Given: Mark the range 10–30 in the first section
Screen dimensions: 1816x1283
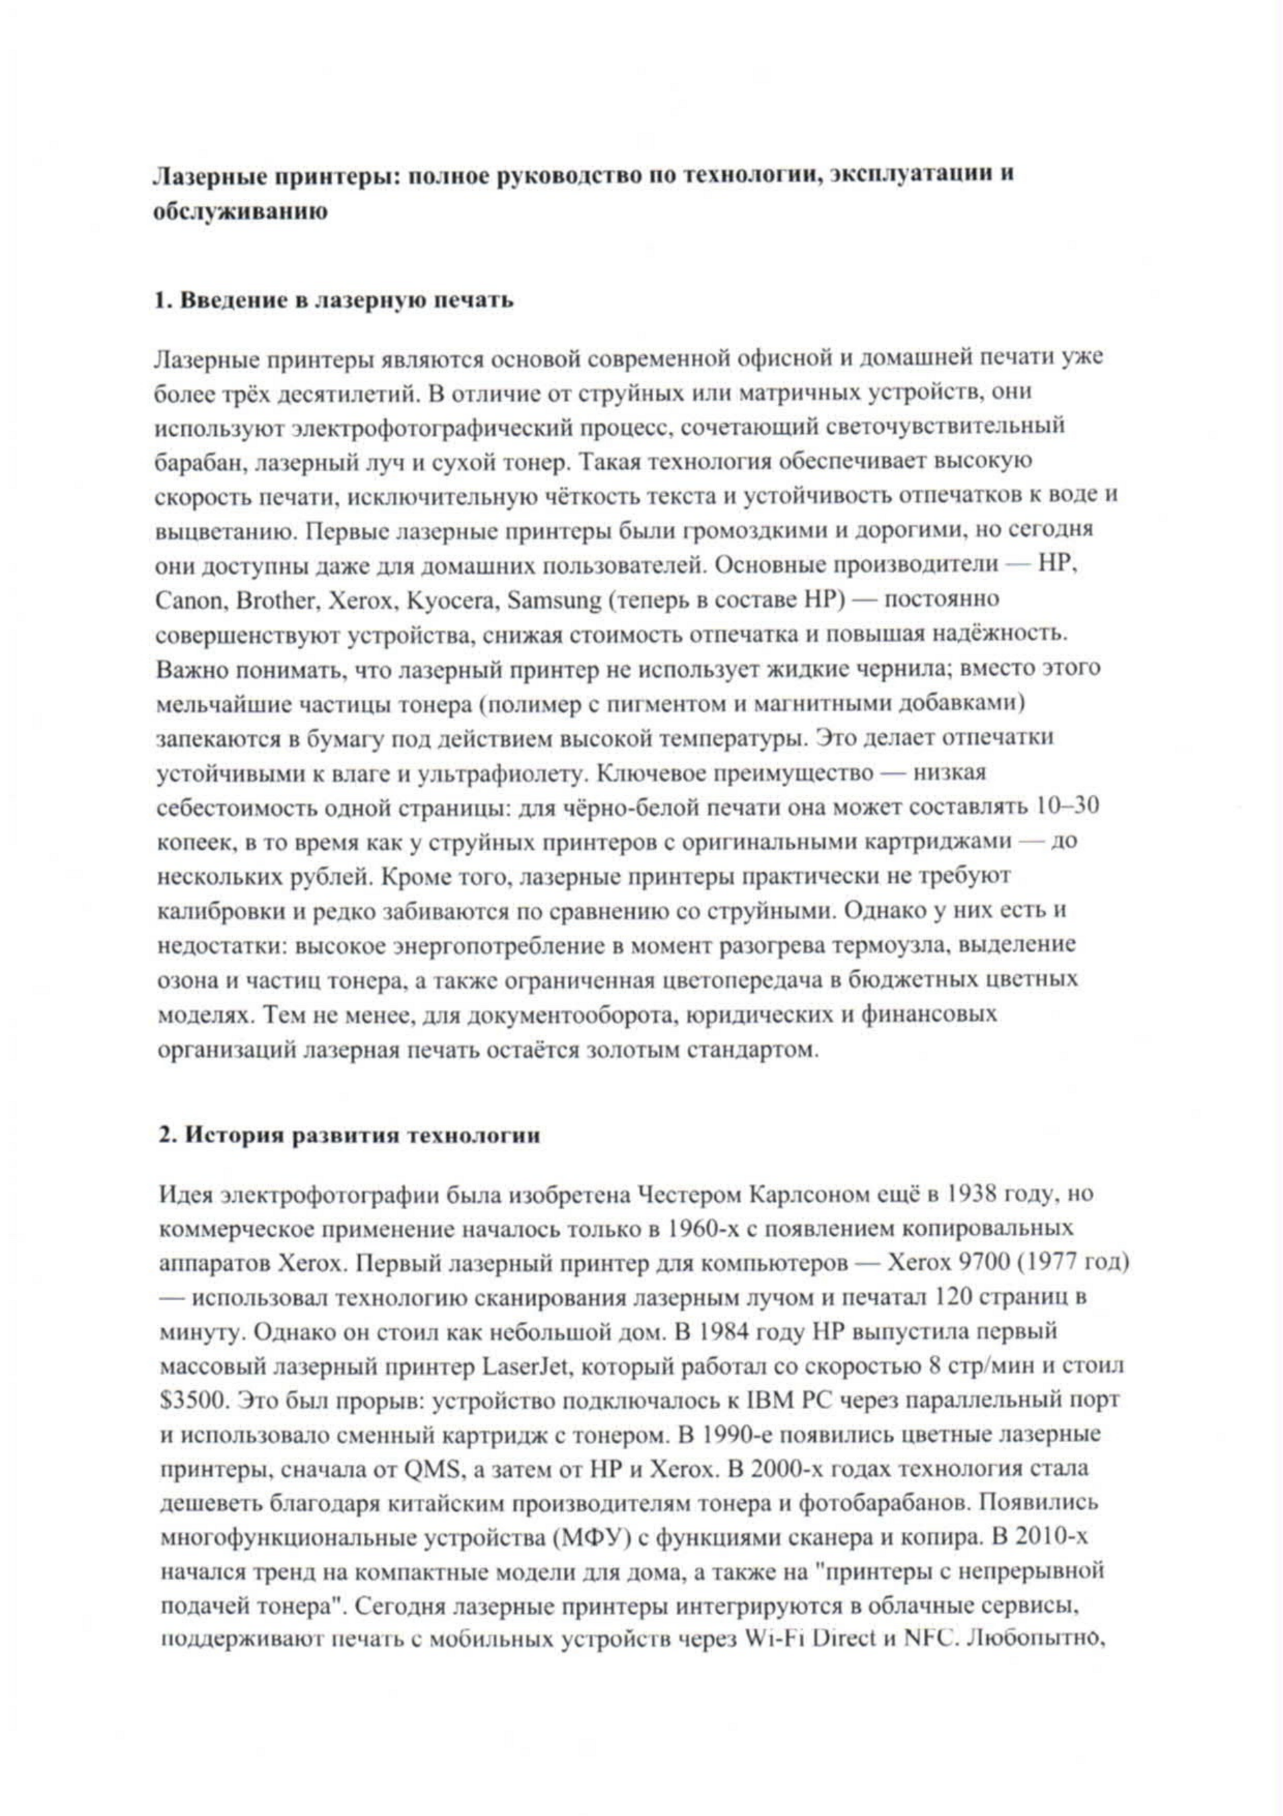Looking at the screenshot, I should [x=1067, y=807].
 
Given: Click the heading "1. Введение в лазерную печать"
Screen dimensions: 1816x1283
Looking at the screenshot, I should [x=333, y=300].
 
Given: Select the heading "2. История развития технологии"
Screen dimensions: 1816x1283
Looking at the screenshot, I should [x=349, y=1136].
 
